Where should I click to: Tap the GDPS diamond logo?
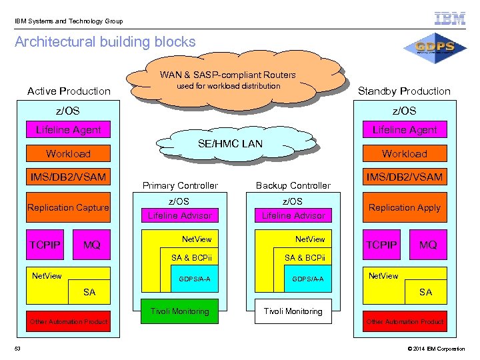pos(435,48)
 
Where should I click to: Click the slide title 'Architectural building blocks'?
pos(105,42)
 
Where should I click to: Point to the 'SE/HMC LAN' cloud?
pos(231,144)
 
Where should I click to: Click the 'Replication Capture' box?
pos(68,208)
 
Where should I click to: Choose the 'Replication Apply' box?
pos(405,207)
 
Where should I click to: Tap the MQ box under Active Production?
pos(92,245)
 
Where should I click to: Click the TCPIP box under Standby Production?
pos(381,245)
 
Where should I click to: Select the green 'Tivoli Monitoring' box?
pos(179,311)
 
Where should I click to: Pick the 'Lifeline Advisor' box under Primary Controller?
pos(179,215)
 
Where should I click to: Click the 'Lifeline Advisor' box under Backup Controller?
pos(293,215)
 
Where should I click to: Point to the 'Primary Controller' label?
pos(179,185)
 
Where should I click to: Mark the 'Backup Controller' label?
pos(293,185)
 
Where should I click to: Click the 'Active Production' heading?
pos(69,91)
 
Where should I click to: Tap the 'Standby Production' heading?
pos(404,91)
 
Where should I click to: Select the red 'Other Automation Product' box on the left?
pos(68,322)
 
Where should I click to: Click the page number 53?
pos(18,349)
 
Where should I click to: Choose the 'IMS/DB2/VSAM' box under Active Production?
pos(68,177)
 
